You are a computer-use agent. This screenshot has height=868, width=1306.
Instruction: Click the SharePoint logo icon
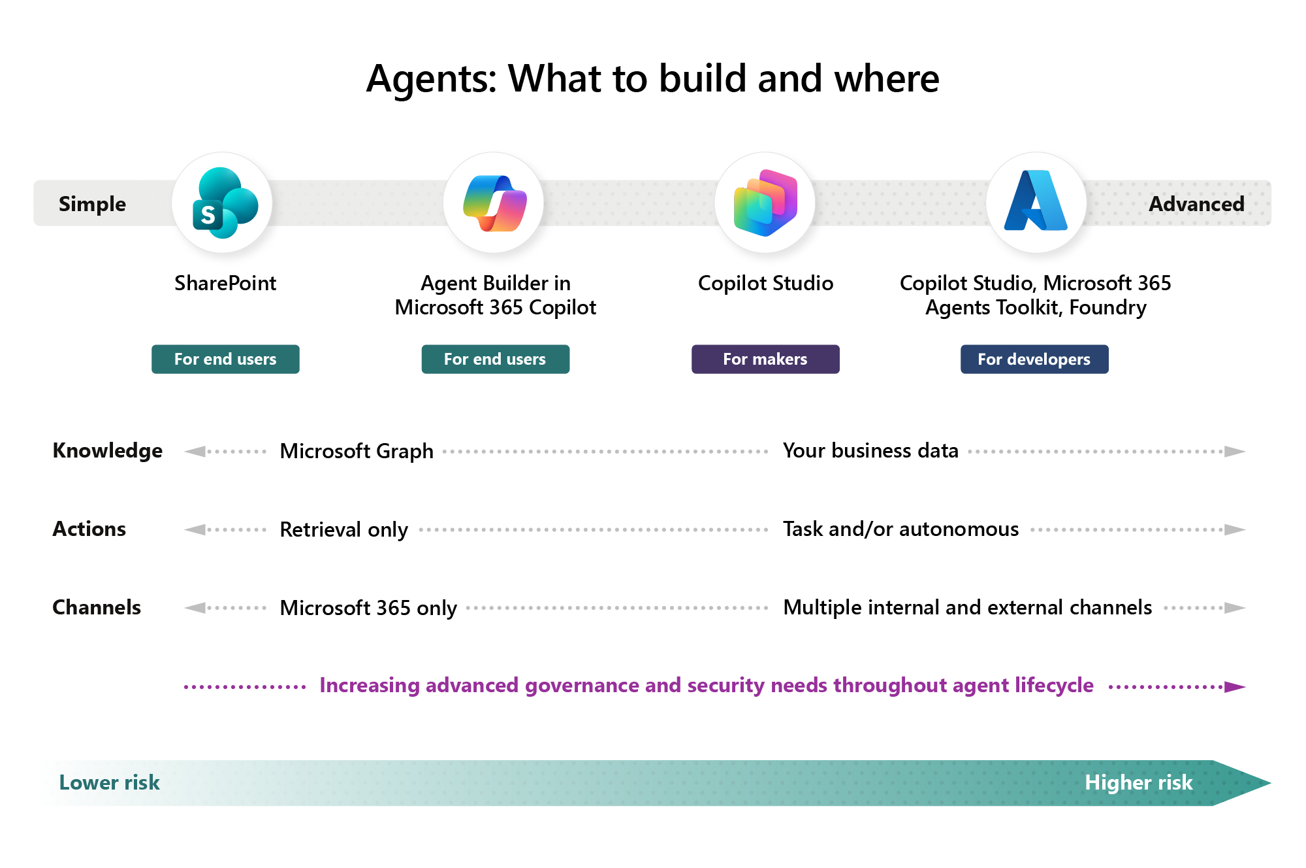pos(223,203)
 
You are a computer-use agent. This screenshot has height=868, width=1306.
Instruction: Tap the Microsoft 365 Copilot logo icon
pos(494,203)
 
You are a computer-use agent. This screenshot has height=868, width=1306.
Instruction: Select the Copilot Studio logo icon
pos(765,203)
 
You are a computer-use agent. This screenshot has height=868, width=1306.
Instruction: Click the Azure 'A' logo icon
pos(1036,202)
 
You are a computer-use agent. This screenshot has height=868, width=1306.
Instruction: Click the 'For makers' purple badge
pos(765,359)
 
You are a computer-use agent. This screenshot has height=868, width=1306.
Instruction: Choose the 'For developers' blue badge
pos(1034,359)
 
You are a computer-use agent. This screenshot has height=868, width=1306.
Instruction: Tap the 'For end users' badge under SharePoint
pos(225,359)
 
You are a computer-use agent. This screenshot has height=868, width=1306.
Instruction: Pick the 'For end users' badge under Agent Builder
pos(495,359)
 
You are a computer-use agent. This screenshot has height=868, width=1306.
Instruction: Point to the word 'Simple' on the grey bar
pos(92,204)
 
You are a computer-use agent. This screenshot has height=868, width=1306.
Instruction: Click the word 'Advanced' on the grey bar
pos(1196,204)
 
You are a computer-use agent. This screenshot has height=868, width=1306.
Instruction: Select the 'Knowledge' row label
pos(107,451)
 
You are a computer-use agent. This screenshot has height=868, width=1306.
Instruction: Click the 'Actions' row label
pos(89,529)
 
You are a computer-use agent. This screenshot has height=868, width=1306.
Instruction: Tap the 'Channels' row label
pos(97,608)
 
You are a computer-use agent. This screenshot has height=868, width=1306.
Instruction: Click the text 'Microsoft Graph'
pos(357,452)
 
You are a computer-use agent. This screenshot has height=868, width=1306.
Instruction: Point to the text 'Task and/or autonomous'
pos(900,529)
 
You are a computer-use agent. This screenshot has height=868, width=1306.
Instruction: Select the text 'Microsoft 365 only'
pos(368,609)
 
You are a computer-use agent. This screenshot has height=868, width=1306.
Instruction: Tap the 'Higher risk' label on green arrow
pos(1138,783)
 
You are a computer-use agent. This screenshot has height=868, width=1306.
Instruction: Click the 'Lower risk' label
pos(109,783)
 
